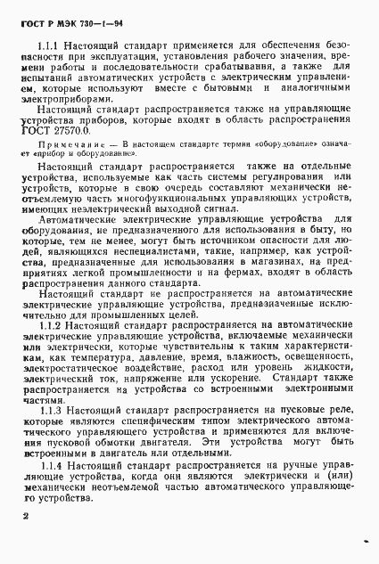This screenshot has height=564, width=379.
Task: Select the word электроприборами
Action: click(65, 102)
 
